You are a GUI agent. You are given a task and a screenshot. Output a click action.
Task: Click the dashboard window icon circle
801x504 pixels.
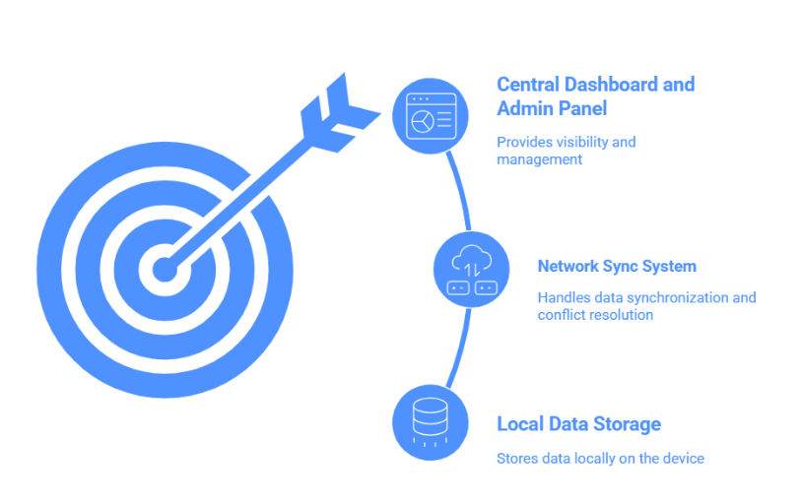pyautogui.click(x=431, y=116)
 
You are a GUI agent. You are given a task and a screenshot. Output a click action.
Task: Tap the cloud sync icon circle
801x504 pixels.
pyautogui.click(x=472, y=269)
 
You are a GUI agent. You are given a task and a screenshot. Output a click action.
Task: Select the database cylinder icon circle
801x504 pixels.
pyautogui.click(x=431, y=422)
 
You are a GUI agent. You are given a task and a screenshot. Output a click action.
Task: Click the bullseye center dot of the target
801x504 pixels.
pyautogui.click(x=165, y=269)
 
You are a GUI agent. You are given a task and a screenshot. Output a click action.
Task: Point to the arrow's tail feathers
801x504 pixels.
pyautogui.click(x=340, y=112)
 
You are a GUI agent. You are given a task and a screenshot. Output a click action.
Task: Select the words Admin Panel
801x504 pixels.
pyautogui.click(x=552, y=108)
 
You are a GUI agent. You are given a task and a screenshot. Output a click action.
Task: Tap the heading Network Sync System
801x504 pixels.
pyautogui.click(x=617, y=266)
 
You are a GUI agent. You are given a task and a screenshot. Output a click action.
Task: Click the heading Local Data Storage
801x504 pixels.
pyautogui.click(x=578, y=424)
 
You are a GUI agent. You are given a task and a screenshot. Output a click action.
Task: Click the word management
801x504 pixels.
pyautogui.click(x=540, y=159)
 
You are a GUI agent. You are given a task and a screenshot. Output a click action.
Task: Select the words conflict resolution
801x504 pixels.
pyautogui.click(x=595, y=315)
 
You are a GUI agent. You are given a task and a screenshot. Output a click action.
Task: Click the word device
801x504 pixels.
pyautogui.click(x=684, y=459)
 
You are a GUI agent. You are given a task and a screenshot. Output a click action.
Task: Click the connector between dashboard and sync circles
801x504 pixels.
pyautogui.click(x=460, y=190)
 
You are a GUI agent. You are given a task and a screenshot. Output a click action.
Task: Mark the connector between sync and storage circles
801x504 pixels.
pyautogui.click(x=461, y=348)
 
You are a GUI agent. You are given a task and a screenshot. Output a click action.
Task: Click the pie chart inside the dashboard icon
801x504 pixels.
pyautogui.click(x=423, y=121)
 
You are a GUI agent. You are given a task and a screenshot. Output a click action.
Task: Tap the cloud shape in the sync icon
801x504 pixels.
pyautogui.click(x=472, y=258)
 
